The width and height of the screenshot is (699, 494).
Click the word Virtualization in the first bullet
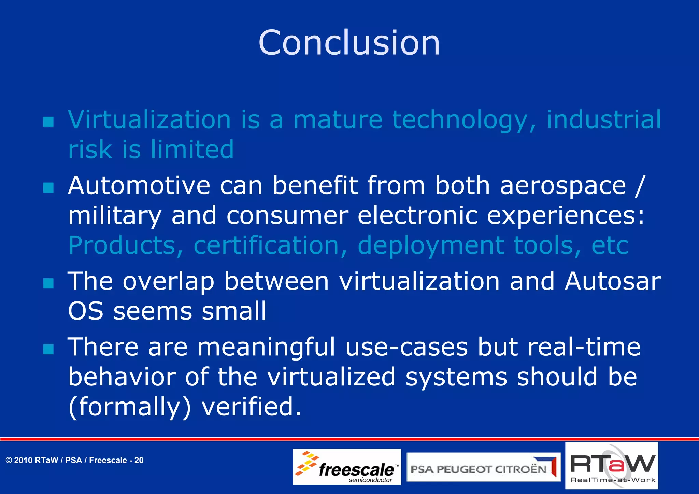149,120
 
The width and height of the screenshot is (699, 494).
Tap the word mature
338,120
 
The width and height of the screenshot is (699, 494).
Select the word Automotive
139,186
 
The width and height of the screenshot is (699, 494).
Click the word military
115,216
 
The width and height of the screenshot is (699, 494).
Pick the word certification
266,245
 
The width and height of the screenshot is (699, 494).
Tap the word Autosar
613,281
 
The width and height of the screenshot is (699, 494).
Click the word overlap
168,282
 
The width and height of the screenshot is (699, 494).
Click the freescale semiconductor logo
347,467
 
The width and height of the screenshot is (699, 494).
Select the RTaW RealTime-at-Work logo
612,466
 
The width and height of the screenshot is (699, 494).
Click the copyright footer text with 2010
74,461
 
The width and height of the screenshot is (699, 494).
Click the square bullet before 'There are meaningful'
49,349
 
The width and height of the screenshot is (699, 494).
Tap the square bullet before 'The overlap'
49,283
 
